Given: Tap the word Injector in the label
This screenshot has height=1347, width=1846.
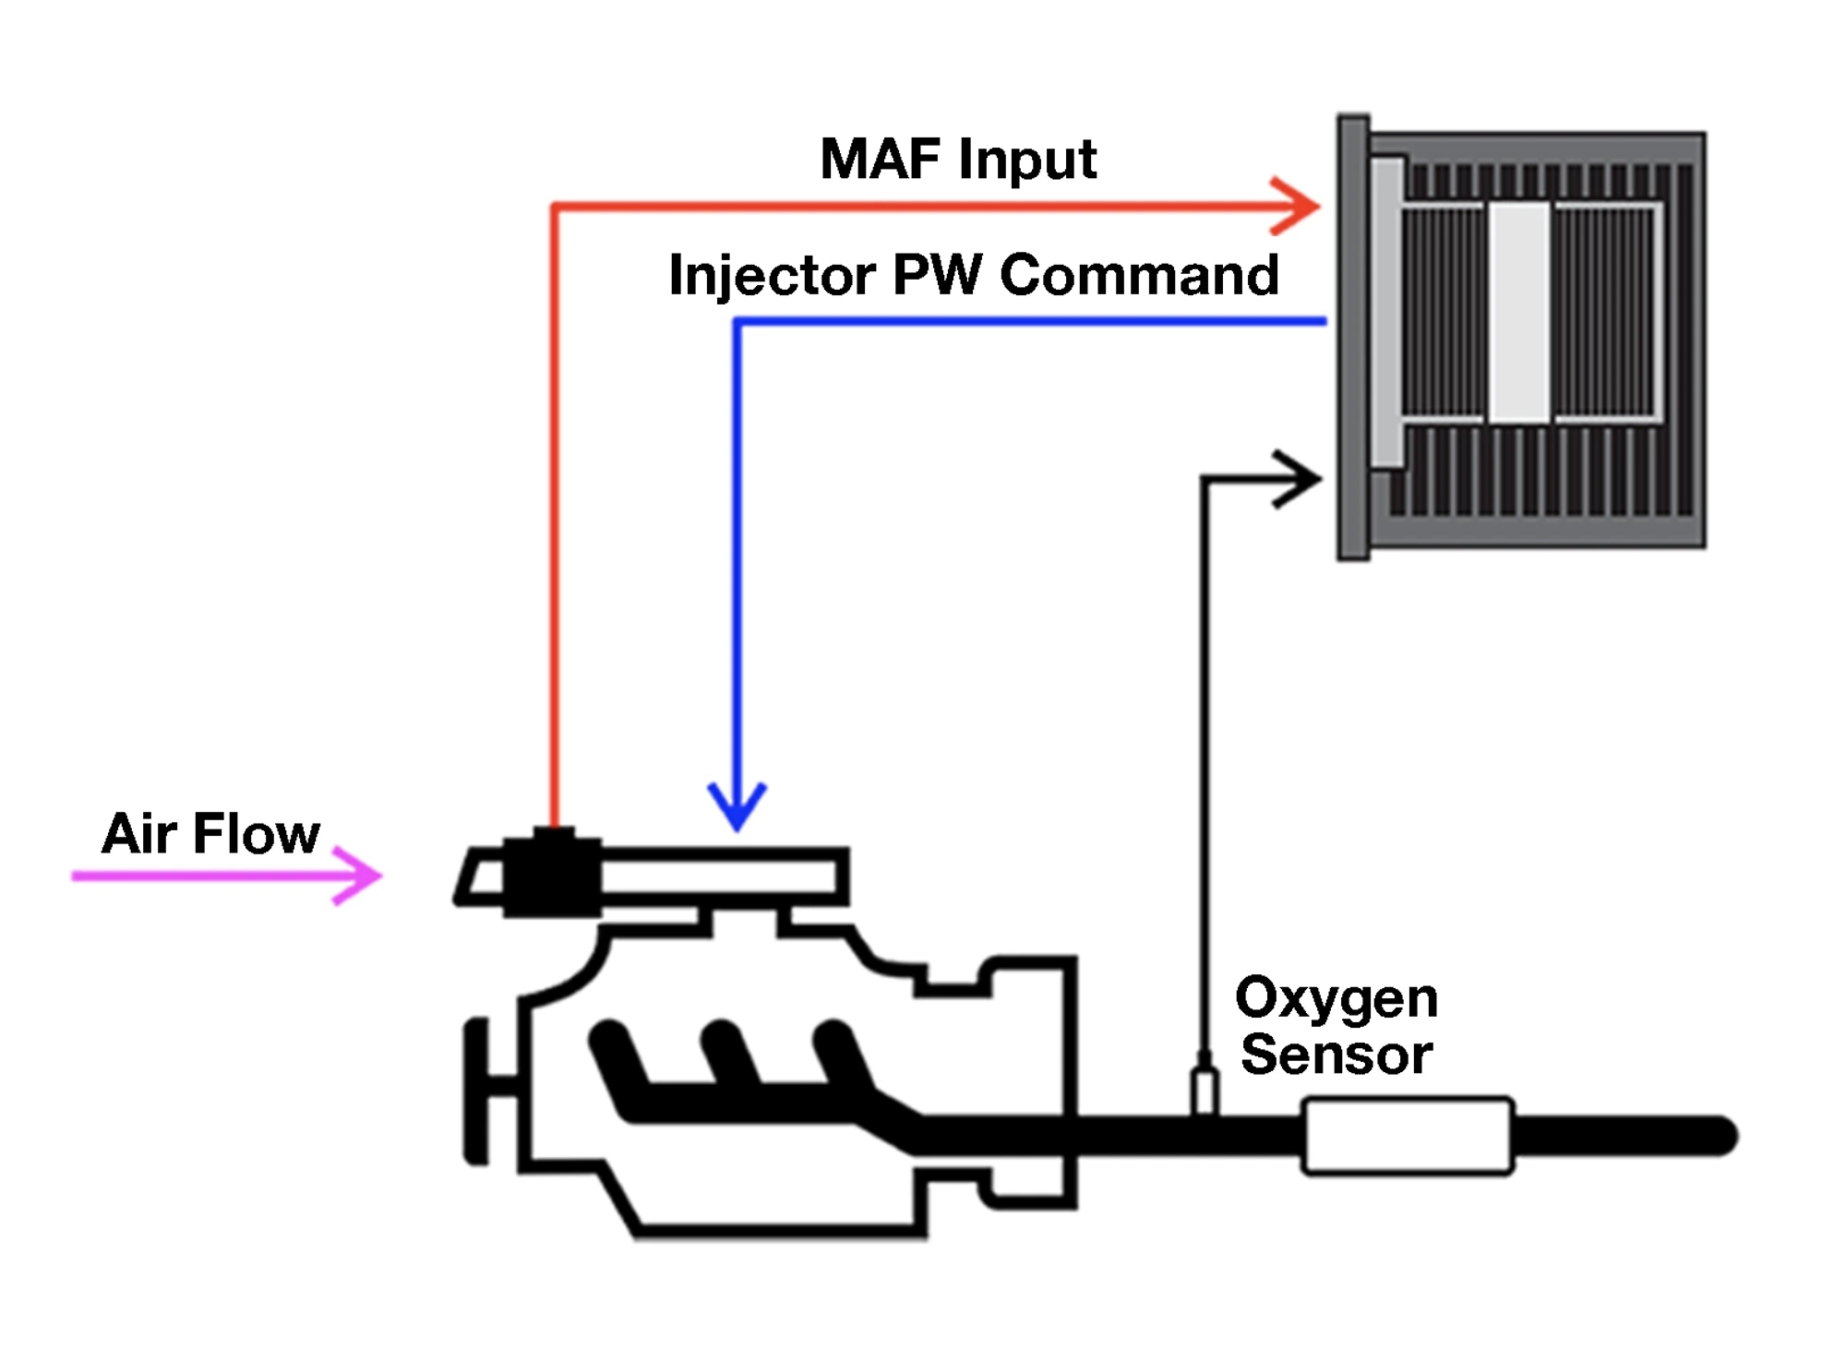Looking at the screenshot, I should coord(772,276).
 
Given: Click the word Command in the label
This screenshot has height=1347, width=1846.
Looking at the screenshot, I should coord(1139,275).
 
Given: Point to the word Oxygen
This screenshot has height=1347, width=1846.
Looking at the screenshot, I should coord(1336,999).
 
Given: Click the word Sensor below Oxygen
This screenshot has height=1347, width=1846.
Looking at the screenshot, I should coord(1336,1055).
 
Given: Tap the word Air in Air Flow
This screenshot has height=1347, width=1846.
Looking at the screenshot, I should coord(138,834).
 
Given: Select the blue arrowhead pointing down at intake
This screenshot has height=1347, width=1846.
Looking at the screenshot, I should coord(737,808).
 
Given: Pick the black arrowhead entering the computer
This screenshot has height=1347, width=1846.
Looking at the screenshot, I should coord(1301,479).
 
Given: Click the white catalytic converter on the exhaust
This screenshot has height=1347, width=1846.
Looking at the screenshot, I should coord(1407,1136).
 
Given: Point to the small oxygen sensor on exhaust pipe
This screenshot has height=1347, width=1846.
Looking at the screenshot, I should coord(1205,1089).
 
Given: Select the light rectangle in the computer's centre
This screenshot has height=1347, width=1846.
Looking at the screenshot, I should coord(1518,313).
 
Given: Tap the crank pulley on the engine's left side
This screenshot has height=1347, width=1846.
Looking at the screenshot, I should coord(476,1091).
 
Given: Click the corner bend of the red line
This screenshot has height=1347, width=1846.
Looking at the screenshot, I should coord(555,207).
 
